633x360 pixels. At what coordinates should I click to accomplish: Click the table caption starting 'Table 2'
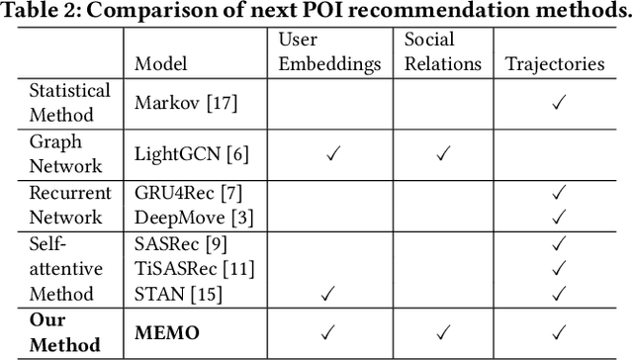pyautogui.click(x=316, y=12)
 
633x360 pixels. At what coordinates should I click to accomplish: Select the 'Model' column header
pyautogui.click(x=160, y=64)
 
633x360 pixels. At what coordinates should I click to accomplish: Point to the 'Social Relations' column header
pyautogui.click(x=442, y=52)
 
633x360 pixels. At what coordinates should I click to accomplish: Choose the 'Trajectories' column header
pyautogui.click(x=555, y=64)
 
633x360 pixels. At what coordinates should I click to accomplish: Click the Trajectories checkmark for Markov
pyautogui.click(x=557, y=102)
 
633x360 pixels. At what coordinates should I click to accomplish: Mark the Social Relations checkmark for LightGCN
pyautogui.click(x=443, y=153)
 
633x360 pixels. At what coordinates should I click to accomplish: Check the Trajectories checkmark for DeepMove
pyautogui.click(x=557, y=217)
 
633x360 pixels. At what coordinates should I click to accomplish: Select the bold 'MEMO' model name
pyautogui.click(x=167, y=332)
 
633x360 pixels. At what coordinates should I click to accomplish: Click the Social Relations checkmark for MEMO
pyautogui.click(x=443, y=332)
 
